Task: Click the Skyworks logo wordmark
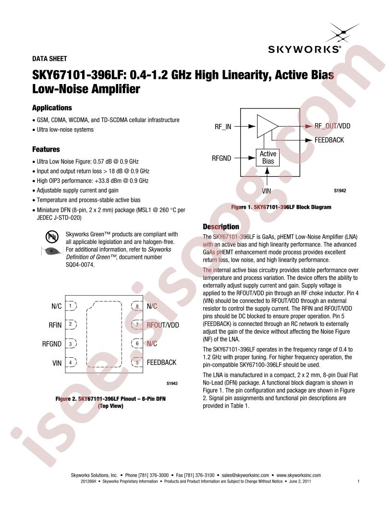(311, 49)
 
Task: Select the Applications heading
(51, 108)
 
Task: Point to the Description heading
(220, 227)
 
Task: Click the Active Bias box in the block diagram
(268, 157)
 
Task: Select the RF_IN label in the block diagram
(223, 127)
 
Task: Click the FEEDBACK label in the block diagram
(329, 140)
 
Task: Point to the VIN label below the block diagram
(267, 191)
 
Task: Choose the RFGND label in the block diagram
(221, 157)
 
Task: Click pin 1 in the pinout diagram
(71, 306)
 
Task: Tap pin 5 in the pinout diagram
(137, 363)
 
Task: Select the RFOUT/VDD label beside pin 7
(163, 325)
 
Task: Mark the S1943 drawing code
(171, 383)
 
